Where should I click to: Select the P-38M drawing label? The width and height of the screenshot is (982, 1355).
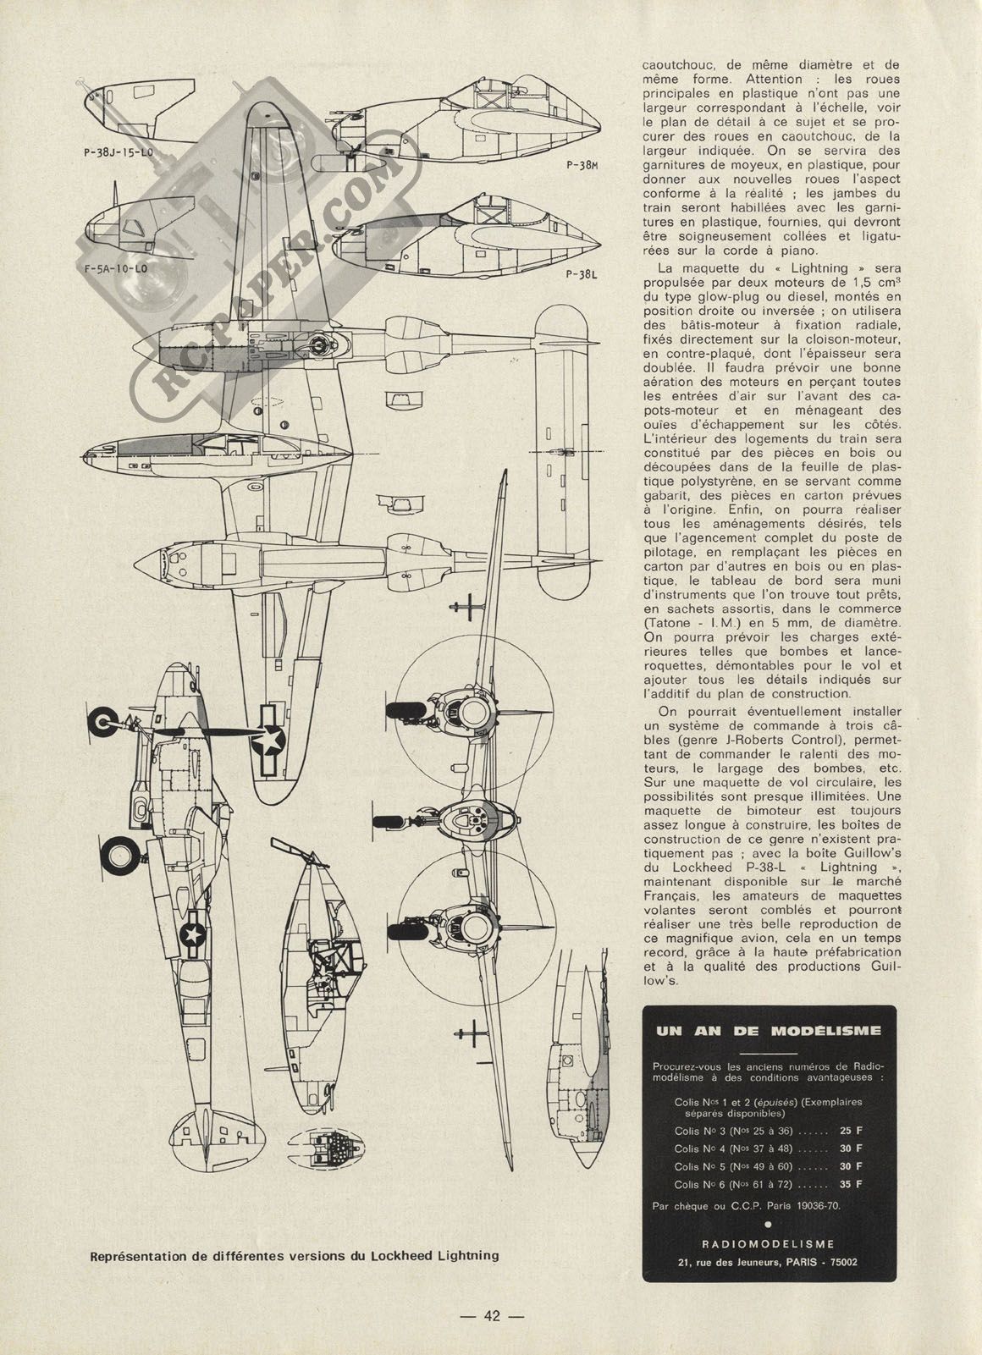point(582,164)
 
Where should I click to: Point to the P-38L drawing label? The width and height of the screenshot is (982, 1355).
point(582,274)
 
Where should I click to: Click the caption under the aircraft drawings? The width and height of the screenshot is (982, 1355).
point(295,1255)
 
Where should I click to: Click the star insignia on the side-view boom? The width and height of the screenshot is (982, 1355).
point(194,935)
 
